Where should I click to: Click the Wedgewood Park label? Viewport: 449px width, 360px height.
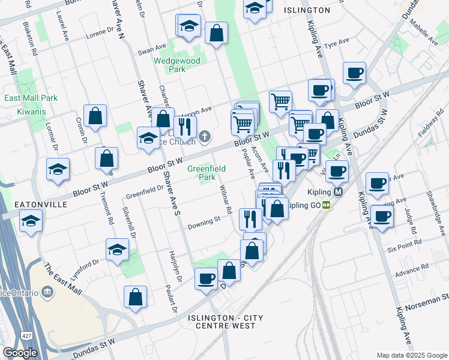pos(177,64)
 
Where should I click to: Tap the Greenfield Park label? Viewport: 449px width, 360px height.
pos(207,173)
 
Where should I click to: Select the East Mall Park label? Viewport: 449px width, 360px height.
pos(31,98)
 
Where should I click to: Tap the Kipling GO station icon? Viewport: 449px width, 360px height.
pos(326,205)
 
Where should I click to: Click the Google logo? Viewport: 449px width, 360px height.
pos(20,353)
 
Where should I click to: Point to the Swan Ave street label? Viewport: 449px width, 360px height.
pos(151,47)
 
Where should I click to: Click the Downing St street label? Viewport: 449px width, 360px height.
pos(204,223)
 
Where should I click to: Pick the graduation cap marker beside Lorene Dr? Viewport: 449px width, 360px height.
pos(188,26)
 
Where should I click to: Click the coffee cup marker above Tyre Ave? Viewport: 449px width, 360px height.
pos(354,73)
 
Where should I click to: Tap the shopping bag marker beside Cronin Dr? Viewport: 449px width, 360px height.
pos(95,115)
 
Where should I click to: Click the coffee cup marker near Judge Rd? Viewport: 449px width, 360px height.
pos(382,216)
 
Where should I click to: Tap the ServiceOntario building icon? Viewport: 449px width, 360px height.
pos(48,292)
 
